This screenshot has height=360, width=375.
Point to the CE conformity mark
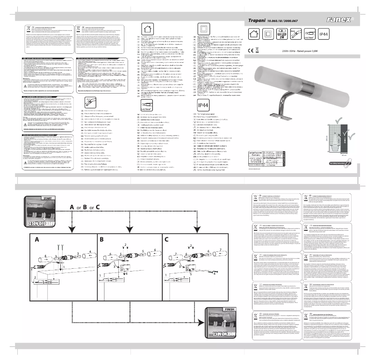click(250, 49)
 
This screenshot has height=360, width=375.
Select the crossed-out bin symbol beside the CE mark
click(257, 49)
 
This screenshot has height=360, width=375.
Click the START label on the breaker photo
click(47, 198)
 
